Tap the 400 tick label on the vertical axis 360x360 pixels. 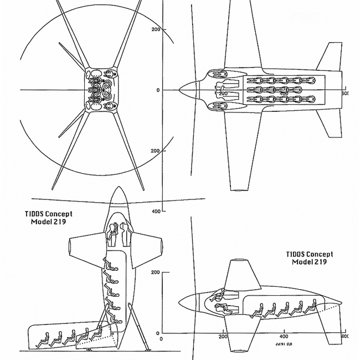tap(156, 211)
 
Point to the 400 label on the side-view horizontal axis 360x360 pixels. tap(284, 336)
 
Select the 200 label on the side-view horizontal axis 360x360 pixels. tap(223, 336)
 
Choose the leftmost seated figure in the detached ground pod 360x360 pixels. tap(43, 339)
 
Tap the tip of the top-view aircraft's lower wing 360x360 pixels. tap(239, 188)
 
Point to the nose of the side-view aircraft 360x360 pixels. tap(179, 302)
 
